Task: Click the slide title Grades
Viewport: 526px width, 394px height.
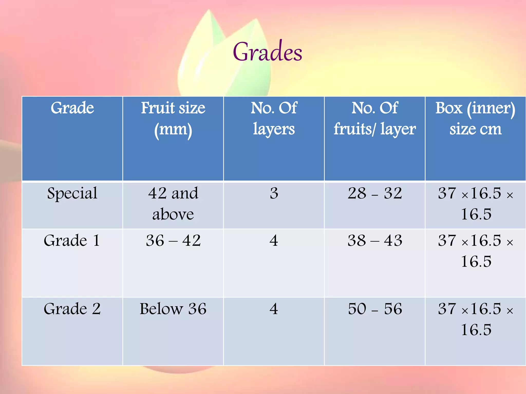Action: coord(267,52)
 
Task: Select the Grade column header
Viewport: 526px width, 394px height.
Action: coord(72,108)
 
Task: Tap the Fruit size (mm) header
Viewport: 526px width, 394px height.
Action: coord(173,118)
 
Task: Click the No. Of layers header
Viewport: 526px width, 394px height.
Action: coord(274,118)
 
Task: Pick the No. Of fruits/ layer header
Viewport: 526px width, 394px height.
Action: coord(375,118)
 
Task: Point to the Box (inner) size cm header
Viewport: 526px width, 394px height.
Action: coord(475,118)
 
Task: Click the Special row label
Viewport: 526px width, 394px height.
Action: coord(72,193)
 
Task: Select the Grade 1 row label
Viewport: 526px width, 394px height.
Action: coord(72,241)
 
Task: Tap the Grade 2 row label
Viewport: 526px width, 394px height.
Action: coord(72,309)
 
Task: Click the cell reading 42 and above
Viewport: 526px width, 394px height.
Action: coord(173,204)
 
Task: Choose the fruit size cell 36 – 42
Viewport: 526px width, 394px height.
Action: coord(173,241)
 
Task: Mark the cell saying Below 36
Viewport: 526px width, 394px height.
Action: coord(173,309)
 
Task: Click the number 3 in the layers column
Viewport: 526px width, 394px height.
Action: coord(274,193)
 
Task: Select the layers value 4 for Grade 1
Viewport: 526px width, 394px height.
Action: coord(274,241)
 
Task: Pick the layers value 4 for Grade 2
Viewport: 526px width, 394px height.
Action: coord(274,309)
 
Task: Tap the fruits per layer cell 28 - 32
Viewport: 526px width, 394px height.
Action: coord(375,193)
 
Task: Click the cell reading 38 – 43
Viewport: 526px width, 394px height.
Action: coord(375,241)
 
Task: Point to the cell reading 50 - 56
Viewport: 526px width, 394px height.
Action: coord(375,309)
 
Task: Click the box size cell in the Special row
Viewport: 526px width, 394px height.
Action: coord(475,204)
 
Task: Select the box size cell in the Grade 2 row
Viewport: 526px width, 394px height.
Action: coord(475,319)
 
